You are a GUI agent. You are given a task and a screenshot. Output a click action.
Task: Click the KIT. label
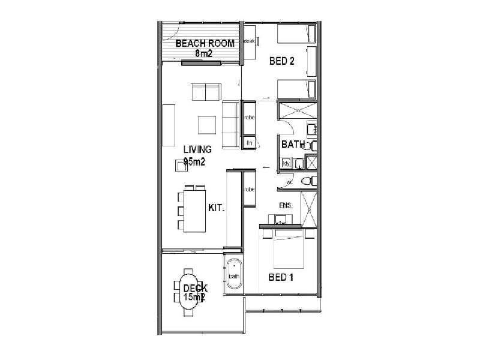pyautogui.click(x=216, y=208)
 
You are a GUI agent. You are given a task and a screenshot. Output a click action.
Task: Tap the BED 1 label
pyautogui.click(x=280, y=278)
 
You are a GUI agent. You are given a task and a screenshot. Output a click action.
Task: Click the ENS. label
pyautogui.click(x=286, y=206)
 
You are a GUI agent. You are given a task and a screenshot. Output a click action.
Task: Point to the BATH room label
pyautogui.click(x=293, y=144)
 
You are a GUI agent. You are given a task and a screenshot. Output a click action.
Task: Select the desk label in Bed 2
pyautogui.click(x=250, y=41)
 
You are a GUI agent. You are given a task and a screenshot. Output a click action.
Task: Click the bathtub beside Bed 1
pyautogui.click(x=233, y=275)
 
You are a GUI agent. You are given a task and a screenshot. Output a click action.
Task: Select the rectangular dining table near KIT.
pyautogui.click(x=193, y=210)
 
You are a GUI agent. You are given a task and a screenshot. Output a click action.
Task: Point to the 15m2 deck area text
pyautogui.click(x=193, y=296)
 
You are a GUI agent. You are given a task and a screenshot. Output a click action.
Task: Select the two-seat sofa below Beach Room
pyautogui.click(x=206, y=92)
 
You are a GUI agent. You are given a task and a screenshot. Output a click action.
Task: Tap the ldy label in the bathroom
pyautogui.click(x=287, y=163)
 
